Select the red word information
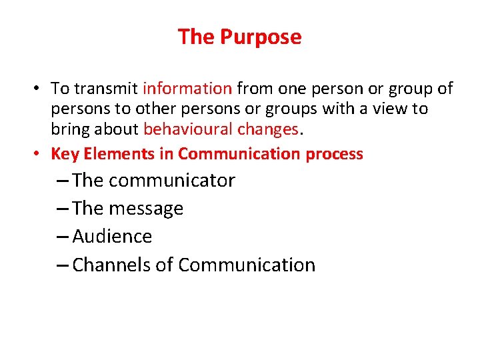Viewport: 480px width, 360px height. coord(187,89)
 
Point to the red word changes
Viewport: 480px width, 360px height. coord(271,129)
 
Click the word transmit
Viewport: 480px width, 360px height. coord(106,89)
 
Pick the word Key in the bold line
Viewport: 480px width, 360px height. coord(64,154)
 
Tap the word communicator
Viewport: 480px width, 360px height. coord(171,181)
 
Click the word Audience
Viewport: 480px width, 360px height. coord(112,237)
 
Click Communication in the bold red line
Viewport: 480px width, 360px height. coord(240,154)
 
